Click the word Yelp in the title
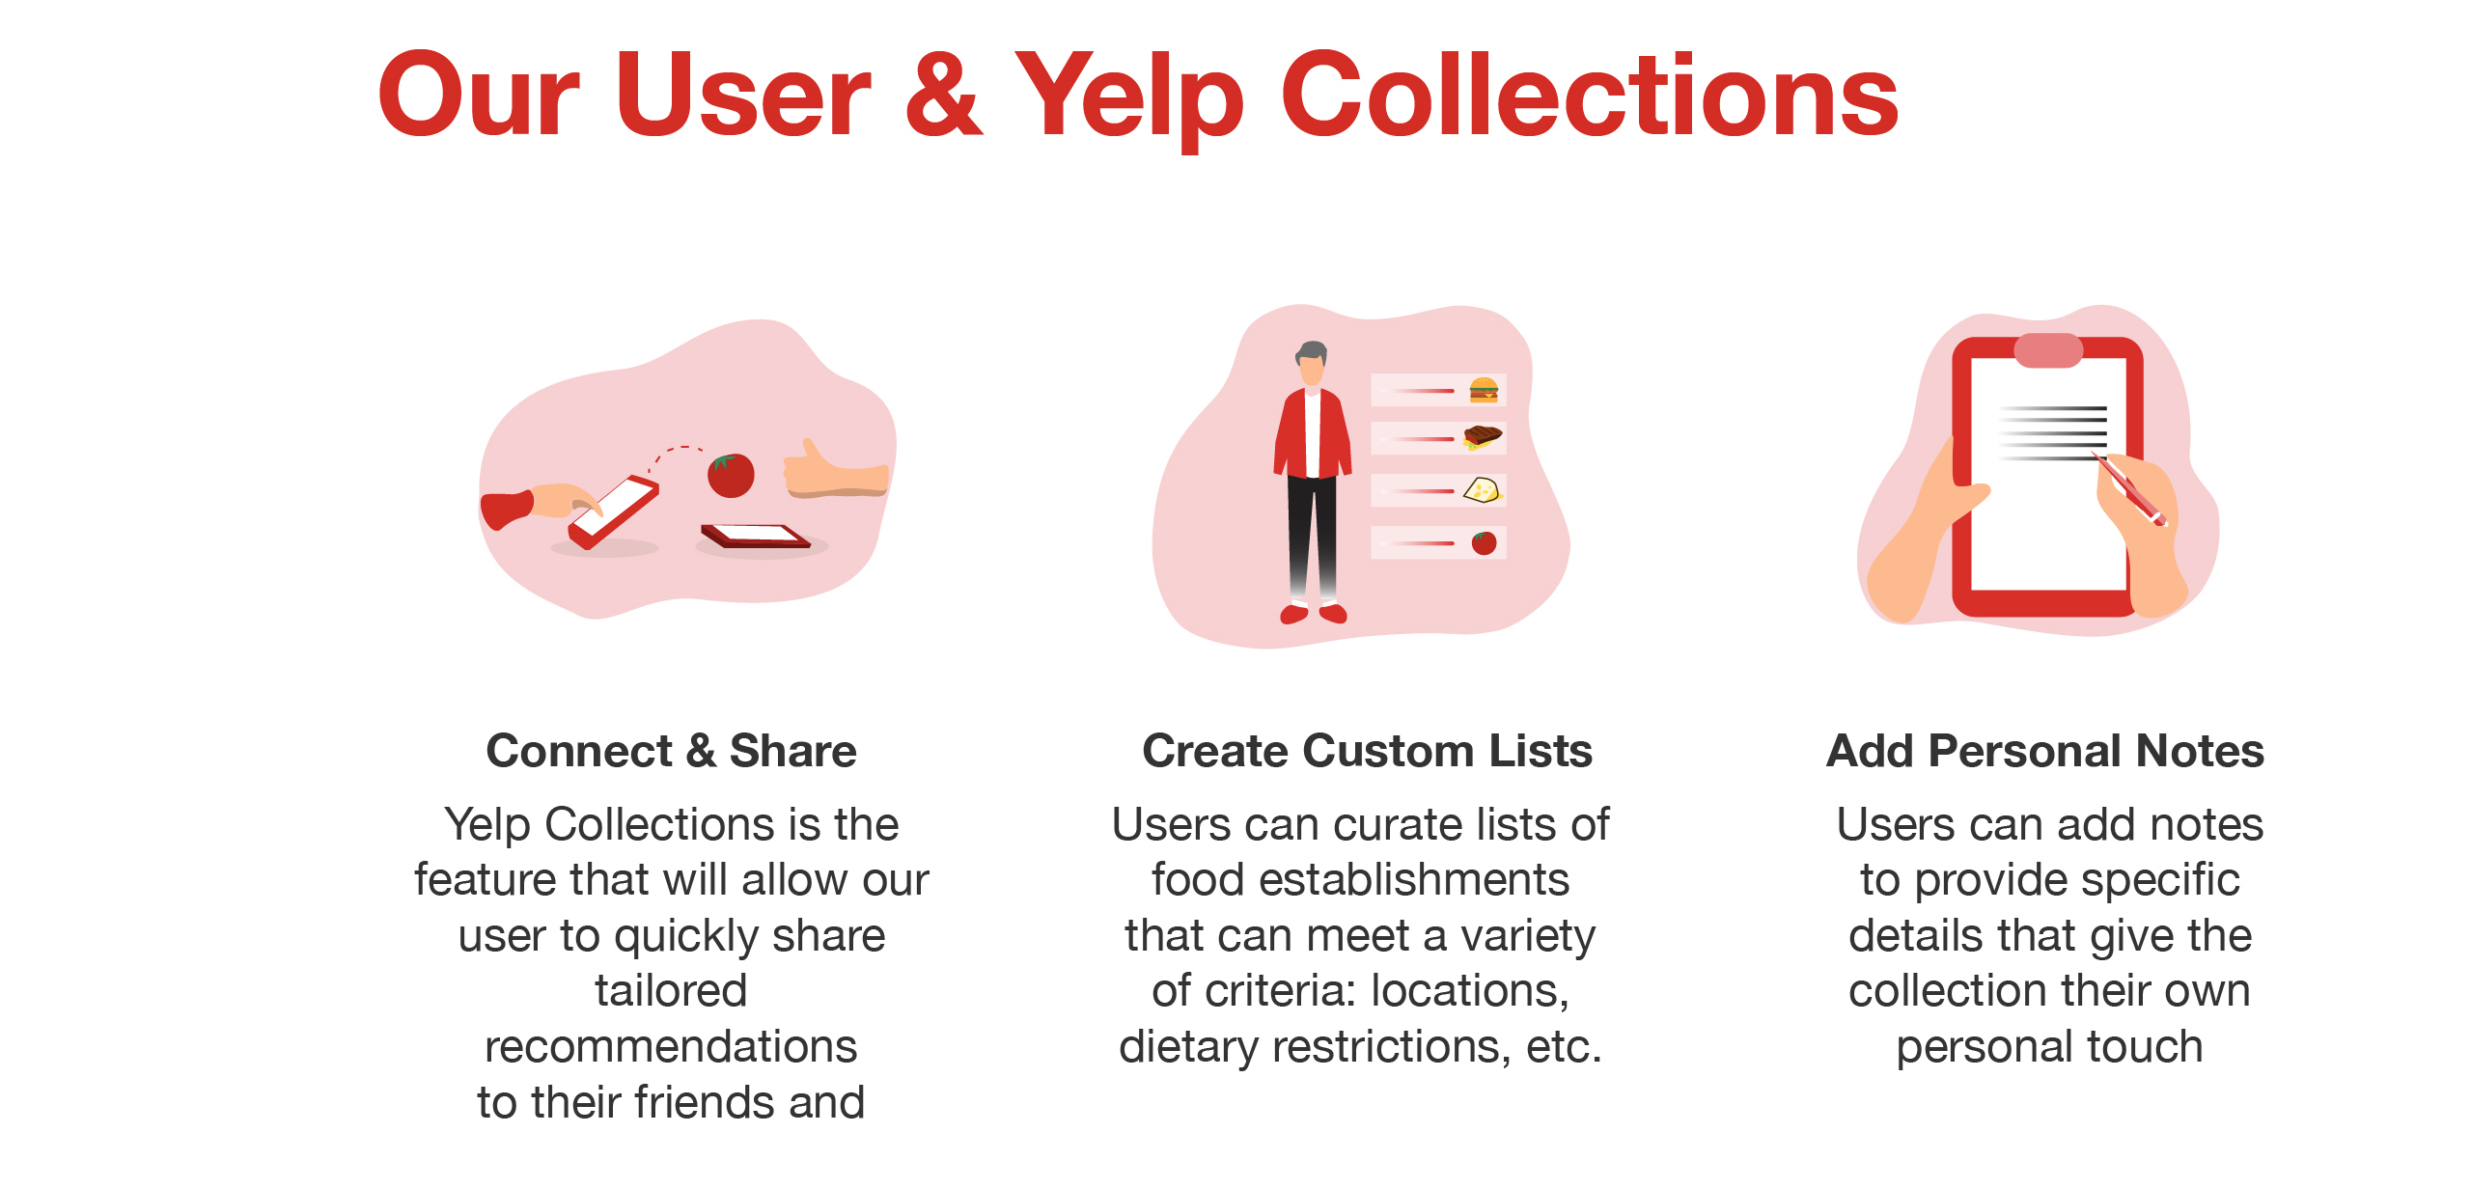(x=1130, y=97)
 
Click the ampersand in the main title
(x=943, y=95)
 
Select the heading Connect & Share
(x=671, y=751)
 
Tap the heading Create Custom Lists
(x=1367, y=751)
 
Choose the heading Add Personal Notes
(x=2045, y=751)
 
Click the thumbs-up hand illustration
(x=835, y=470)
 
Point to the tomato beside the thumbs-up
(x=731, y=475)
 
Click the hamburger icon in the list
(x=1484, y=390)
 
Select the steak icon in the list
(x=1483, y=438)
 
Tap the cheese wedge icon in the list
(x=1483, y=490)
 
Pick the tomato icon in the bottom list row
(x=1485, y=542)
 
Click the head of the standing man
(x=1312, y=363)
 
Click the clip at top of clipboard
(x=2048, y=350)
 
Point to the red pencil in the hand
(x=2129, y=488)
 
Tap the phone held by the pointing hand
(x=614, y=511)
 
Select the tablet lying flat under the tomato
(x=756, y=536)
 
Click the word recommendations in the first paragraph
(x=671, y=1046)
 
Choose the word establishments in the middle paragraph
(x=1360, y=879)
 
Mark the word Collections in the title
(x=1590, y=95)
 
